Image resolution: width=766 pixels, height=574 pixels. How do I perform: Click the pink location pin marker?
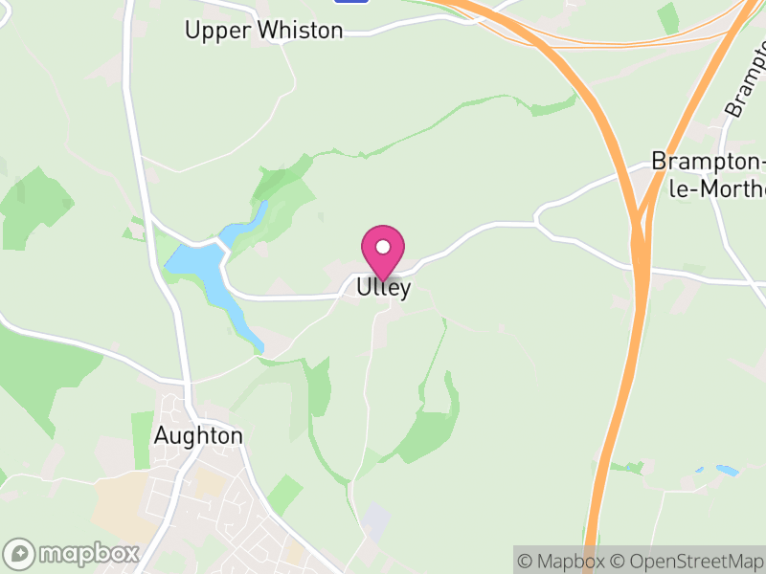pyautogui.click(x=383, y=252)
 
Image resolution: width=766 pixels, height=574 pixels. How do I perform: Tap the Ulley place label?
pyautogui.click(x=384, y=287)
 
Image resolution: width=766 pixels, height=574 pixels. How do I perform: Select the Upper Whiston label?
pyautogui.click(x=263, y=31)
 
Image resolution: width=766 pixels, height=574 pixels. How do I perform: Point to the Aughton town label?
pyautogui.click(x=198, y=435)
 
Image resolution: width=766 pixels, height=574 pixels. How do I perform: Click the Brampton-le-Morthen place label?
pyautogui.click(x=708, y=174)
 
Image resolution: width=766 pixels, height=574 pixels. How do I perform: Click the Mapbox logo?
pyautogui.click(x=73, y=553)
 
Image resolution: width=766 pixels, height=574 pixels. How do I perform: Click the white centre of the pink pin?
pyautogui.click(x=383, y=247)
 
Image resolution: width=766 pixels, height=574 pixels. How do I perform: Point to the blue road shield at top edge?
pyautogui.click(x=352, y=2)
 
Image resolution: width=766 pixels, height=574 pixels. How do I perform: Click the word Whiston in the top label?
pyautogui.click(x=297, y=31)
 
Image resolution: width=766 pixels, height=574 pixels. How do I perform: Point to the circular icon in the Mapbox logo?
pyautogui.click(x=19, y=553)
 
